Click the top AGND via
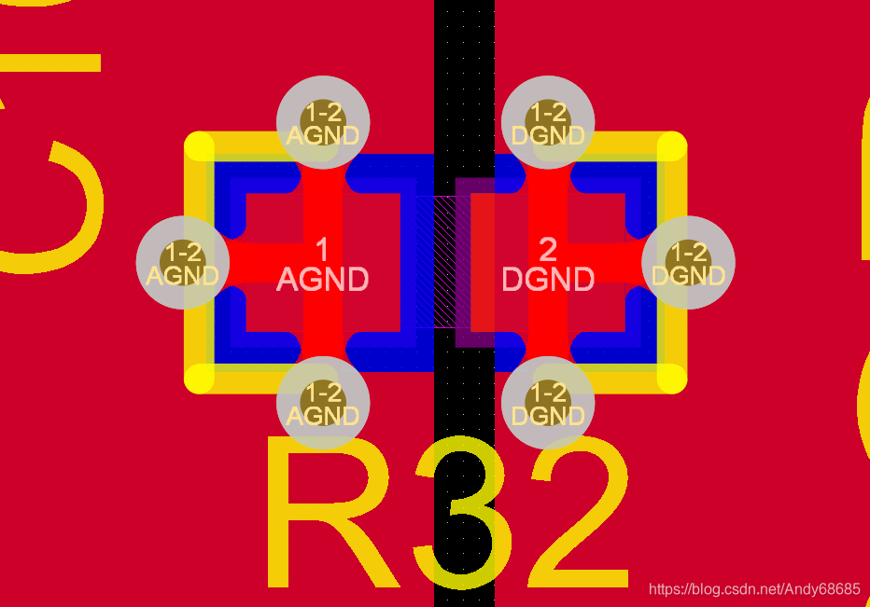click(323, 122)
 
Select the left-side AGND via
click(183, 262)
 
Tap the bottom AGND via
click(323, 403)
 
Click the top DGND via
click(548, 122)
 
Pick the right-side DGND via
click(688, 262)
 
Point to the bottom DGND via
click(548, 403)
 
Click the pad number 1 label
click(323, 249)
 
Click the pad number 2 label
click(548, 249)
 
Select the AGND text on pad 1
click(323, 279)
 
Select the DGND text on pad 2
click(548, 279)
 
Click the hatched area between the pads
click(435, 262)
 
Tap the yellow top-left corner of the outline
click(200, 147)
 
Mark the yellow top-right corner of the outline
click(672, 147)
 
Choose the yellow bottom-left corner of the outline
click(200, 378)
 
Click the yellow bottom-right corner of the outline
click(672, 378)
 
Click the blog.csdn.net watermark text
click(754, 589)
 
